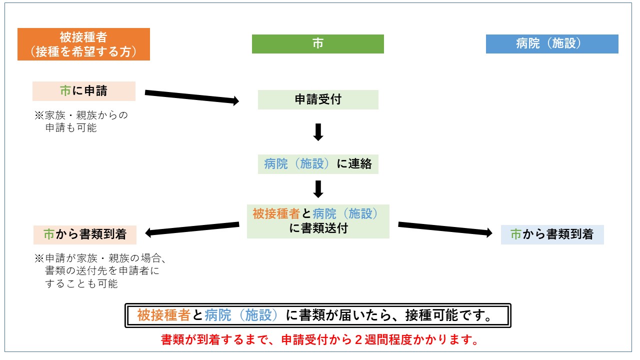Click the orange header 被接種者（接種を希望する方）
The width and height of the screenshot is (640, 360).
83,44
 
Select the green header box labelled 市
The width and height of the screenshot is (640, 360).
317,44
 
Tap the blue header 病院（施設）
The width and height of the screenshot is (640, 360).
552,44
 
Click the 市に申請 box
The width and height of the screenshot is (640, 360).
84,91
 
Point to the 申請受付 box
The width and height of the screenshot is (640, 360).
318,99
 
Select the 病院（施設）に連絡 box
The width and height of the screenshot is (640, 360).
318,164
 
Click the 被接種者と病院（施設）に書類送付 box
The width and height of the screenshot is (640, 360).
318,221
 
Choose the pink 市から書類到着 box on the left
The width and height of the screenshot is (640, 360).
84,234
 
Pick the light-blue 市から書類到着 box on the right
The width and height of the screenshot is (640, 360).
552,234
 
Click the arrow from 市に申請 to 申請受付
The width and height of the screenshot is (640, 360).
192,97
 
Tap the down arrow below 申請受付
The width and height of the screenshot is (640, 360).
318,131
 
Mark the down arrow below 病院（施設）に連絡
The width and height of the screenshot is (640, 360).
318,189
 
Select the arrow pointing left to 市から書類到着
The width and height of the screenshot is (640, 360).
192,228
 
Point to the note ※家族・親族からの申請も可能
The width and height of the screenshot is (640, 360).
81,121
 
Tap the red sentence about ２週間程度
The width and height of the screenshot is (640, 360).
318,340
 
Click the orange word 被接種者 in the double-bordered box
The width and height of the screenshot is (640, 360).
163,315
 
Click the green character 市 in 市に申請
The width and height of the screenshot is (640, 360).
65,91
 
